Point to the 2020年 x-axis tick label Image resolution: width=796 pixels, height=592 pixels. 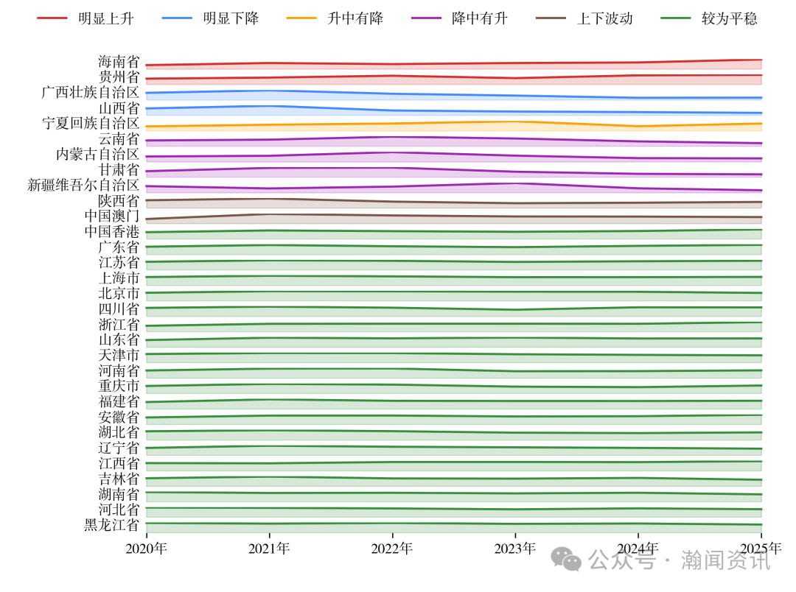click(146, 549)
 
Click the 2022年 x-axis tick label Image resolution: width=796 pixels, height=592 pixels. click(392, 549)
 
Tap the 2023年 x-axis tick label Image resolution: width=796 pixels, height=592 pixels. click(515, 549)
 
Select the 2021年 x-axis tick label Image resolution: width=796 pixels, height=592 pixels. click(269, 549)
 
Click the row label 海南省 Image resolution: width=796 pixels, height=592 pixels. click(119, 62)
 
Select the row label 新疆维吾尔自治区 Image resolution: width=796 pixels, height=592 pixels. click(83, 186)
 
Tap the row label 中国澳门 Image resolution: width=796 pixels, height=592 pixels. click(112, 216)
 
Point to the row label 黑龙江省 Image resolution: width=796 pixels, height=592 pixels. click(112, 526)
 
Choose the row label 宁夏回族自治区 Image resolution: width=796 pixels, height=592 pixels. click(91, 124)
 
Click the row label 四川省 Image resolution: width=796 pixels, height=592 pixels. click(119, 309)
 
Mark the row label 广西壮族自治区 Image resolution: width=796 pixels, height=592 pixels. click(91, 93)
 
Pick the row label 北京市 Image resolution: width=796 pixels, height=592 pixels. click(119, 294)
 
